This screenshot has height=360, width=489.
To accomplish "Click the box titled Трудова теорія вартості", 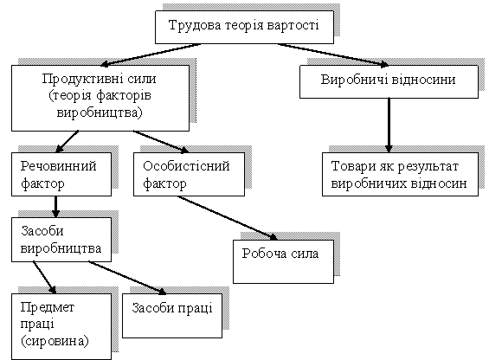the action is coord(244,27).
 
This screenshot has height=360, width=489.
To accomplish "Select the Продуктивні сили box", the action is coord(100,98).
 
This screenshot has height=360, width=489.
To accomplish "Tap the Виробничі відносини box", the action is coord(389,81).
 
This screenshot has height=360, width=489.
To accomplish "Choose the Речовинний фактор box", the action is coord(61,174).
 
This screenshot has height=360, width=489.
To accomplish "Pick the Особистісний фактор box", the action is coord(189,174).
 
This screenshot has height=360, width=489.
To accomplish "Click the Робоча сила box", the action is coord(284,261).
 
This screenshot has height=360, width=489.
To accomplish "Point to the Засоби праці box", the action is coord(172,316).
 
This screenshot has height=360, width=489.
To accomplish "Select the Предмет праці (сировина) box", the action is coord(61,326).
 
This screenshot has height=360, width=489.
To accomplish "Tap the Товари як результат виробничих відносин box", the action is coord(400,174).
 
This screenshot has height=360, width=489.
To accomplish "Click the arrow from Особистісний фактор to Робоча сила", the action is coord(227,218).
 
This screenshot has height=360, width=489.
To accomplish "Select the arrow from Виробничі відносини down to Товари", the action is coord(389,125).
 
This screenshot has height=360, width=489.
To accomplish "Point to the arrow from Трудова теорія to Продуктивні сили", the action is coord(151,55).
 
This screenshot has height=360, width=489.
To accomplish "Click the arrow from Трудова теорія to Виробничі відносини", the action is coord(333,55).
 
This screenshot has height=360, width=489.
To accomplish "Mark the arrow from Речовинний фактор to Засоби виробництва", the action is coord(55,207).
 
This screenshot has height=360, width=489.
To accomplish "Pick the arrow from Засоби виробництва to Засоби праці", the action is coord(127,278).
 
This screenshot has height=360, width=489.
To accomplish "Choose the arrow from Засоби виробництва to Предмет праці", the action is coord(45,277).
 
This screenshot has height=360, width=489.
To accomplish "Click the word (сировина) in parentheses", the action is coord(55,341).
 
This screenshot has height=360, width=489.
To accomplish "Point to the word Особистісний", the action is coord(186,166).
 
